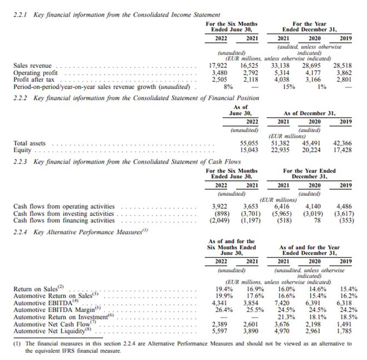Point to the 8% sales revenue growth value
[x=227, y=86]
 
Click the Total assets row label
[x=29, y=143]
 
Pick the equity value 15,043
[x=249, y=150]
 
